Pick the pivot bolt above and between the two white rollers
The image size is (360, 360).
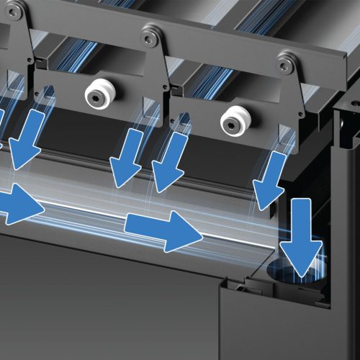tap(151, 33)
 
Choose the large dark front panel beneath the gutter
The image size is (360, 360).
tap(108, 302)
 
